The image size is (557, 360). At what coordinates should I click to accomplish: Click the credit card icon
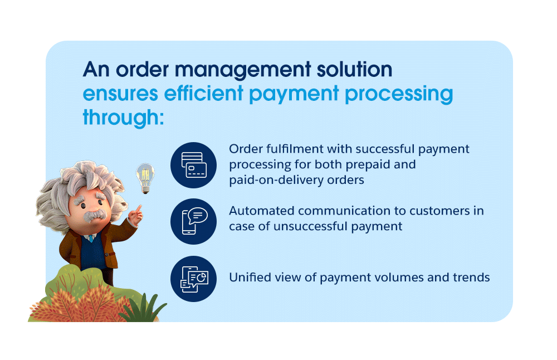coord(194,165)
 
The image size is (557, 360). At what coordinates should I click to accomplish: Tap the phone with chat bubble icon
coord(194,221)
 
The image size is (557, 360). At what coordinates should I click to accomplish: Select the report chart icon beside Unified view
coord(194,279)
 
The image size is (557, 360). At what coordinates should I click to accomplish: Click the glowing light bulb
coord(145,178)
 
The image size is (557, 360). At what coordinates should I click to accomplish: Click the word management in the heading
coord(243,70)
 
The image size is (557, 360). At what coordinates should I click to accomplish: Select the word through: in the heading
coord(123,117)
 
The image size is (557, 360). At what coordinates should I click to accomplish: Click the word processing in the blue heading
coord(399,94)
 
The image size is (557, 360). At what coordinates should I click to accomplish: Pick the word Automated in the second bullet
coord(261,211)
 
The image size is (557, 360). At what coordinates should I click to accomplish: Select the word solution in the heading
coord(354,70)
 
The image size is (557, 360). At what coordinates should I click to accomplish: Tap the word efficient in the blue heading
coord(203,94)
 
